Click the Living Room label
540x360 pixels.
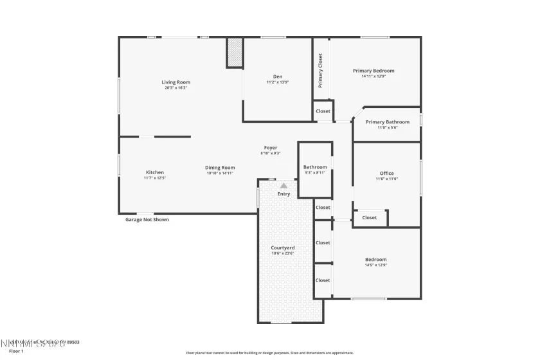(x=175, y=82)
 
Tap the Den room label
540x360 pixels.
(x=278, y=76)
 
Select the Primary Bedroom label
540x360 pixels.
(x=373, y=71)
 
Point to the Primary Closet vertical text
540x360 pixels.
(x=320, y=70)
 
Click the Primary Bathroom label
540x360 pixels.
(x=387, y=122)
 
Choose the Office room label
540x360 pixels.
(x=386, y=173)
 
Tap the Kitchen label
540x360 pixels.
(x=154, y=172)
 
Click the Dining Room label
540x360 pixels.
(x=220, y=168)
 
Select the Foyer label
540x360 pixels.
(x=270, y=148)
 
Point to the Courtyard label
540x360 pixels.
(x=282, y=248)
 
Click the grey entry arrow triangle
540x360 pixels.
(x=283, y=186)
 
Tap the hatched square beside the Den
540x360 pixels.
(x=235, y=52)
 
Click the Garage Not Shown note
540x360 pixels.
(x=147, y=219)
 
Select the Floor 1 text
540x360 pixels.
(x=16, y=351)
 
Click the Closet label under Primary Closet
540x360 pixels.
(x=323, y=111)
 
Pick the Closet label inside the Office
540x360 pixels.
(x=369, y=218)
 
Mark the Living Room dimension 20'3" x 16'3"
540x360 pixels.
(x=175, y=88)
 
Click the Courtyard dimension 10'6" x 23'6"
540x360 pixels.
(x=282, y=253)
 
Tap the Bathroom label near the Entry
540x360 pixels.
(x=315, y=167)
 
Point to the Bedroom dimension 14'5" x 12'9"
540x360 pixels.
(x=375, y=265)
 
